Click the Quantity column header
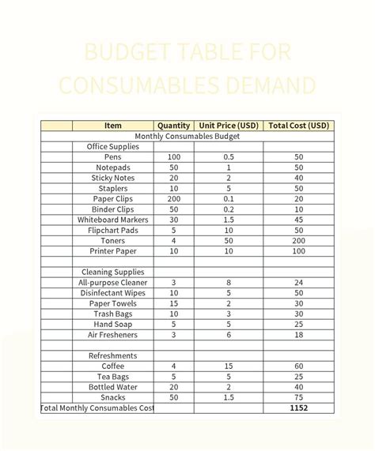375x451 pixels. coord(174,126)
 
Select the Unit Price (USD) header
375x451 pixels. coord(229,126)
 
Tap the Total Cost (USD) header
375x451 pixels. coord(298,126)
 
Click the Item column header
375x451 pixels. coord(113,126)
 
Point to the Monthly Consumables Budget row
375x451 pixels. coord(187,136)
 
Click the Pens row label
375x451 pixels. coord(113,157)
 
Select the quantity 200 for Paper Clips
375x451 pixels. coord(174,199)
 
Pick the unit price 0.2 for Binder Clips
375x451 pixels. coord(229,209)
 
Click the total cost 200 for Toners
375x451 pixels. coord(298,240)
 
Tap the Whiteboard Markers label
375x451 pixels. coord(113,220)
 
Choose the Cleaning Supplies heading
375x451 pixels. coord(113,272)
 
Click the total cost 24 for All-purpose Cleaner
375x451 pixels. coord(298,282)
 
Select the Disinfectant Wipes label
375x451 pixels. coord(113,293)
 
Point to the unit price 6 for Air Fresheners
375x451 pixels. coord(229,335)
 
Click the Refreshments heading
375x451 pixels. coord(113,355)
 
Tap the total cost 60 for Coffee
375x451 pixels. coord(298,366)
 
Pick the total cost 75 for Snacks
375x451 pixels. coord(298,397)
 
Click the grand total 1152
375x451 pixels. coord(298,408)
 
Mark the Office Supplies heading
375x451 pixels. coord(113,146)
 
